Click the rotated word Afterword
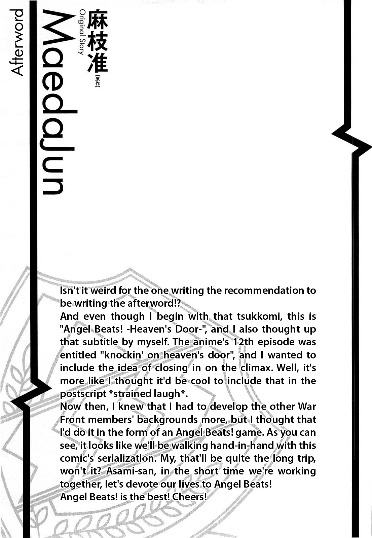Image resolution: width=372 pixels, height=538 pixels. (x=17, y=43)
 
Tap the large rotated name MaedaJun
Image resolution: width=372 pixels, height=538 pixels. (x=52, y=103)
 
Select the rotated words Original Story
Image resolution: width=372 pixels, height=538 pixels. (x=81, y=37)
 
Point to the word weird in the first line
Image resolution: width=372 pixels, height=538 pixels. (x=99, y=291)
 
